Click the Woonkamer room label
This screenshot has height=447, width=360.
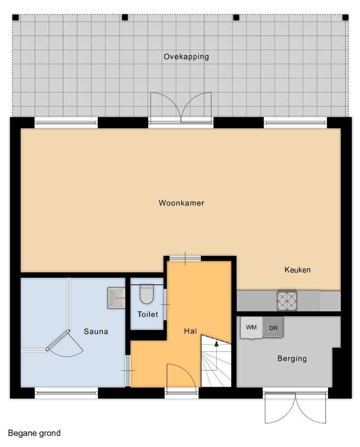[x=181, y=203]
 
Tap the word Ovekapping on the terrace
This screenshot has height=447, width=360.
[x=186, y=57]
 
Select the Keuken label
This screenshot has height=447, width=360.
[x=297, y=270]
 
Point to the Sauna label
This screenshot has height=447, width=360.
[x=96, y=331]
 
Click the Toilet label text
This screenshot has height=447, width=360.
[x=147, y=314]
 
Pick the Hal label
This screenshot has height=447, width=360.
[x=190, y=331]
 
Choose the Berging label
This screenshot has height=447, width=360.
[x=292, y=358]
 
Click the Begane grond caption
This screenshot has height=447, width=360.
[x=34, y=433]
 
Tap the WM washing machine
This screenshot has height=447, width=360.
[x=251, y=327]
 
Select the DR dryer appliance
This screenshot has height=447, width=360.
[x=273, y=327]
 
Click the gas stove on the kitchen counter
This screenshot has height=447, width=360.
[x=287, y=301]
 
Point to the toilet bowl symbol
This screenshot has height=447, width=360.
[x=147, y=295]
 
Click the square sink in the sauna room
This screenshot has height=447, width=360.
[x=116, y=298]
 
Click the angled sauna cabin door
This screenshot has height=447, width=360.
[x=58, y=340]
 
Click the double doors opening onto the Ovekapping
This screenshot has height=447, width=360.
[x=181, y=107]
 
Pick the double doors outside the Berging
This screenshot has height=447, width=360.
[x=295, y=408]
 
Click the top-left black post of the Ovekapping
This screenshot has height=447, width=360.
[x=15, y=18]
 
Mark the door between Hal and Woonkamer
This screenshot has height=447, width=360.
[x=185, y=259]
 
